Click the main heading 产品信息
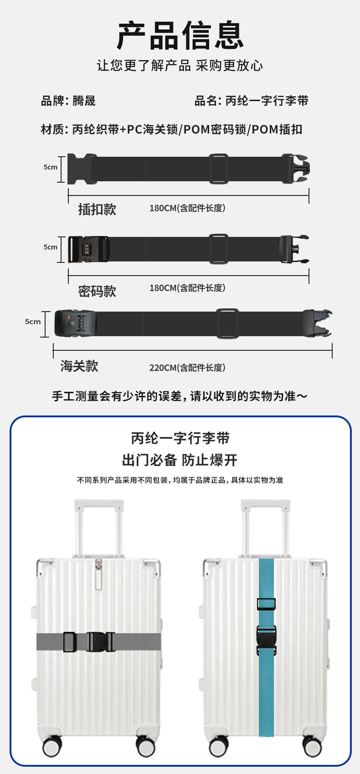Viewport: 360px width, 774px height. tap(180, 35)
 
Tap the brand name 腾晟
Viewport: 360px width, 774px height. tap(84, 101)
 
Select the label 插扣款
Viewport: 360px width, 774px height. tap(97, 209)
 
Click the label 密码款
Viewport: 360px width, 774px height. tap(97, 291)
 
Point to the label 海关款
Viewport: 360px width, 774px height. tap(79, 366)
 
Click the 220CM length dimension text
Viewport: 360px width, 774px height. tap(187, 368)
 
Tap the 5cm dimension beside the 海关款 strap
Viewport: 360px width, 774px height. tap(33, 322)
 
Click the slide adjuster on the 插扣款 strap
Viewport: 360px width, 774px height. tap(218, 169)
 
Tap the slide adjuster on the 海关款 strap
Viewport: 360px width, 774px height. tap(227, 323)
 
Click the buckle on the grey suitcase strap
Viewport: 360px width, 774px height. tap(101, 642)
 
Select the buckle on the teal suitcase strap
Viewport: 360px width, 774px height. tap(266, 640)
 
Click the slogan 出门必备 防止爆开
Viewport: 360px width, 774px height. tap(180, 460)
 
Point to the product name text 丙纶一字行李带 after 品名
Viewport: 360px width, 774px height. tap(267, 101)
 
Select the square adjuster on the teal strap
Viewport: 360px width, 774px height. tap(266, 604)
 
